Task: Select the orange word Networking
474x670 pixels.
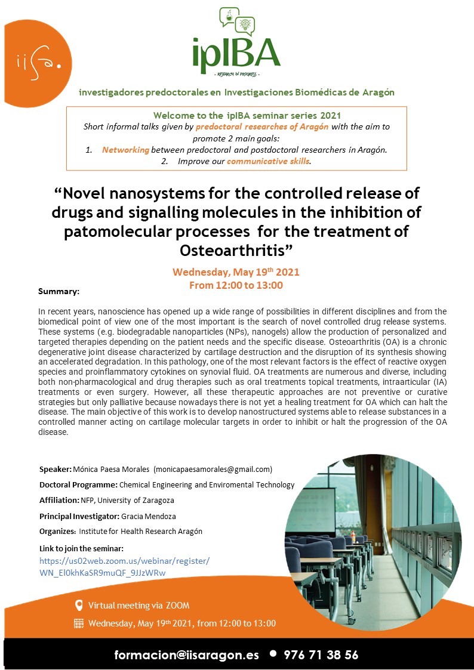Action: [x=125, y=150]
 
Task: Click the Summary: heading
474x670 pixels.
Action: [x=59, y=291]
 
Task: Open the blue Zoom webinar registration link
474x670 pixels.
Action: [x=124, y=567]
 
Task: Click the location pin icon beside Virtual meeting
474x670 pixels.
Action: [x=79, y=606]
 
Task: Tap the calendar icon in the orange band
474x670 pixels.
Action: [x=79, y=623]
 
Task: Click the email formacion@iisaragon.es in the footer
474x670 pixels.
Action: [x=187, y=654]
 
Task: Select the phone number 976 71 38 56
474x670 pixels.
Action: [x=321, y=654]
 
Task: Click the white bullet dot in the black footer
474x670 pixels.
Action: [x=273, y=653]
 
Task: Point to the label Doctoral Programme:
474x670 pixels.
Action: [x=78, y=484]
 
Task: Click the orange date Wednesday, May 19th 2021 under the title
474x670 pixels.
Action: [x=236, y=272]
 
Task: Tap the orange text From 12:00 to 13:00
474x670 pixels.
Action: [x=236, y=285]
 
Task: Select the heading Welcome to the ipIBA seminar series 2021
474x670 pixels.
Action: [x=236, y=115]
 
